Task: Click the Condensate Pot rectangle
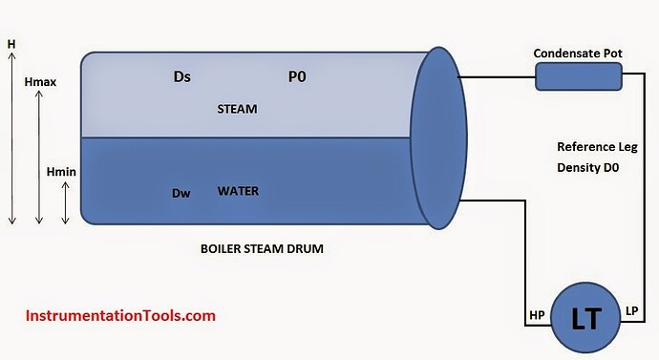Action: pyautogui.click(x=579, y=76)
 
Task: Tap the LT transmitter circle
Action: pyautogui.click(x=585, y=318)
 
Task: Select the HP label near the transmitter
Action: pyautogui.click(x=537, y=315)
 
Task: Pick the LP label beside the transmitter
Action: pyautogui.click(x=631, y=311)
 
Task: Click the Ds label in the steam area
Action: pyautogui.click(x=182, y=77)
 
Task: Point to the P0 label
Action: pyautogui.click(x=297, y=77)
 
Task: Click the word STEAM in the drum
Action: pyautogui.click(x=237, y=109)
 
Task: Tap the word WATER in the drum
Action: pyautogui.click(x=238, y=191)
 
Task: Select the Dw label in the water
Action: pyautogui.click(x=181, y=193)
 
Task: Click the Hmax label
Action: pyautogui.click(x=40, y=82)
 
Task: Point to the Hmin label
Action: pyautogui.click(x=61, y=172)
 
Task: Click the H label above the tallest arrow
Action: pyautogui.click(x=11, y=44)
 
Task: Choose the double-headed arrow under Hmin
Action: pyautogui.click(x=65, y=202)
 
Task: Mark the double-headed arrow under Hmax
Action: pyautogui.click(x=39, y=158)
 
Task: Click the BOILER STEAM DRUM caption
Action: pyautogui.click(x=262, y=248)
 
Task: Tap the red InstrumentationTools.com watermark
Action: pyautogui.click(x=120, y=315)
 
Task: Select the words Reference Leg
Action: pyautogui.click(x=597, y=147)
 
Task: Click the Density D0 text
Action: pyautogui.click(x=588, y=168)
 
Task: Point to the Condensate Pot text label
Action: pyautogui.click(x=578, y=53)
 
